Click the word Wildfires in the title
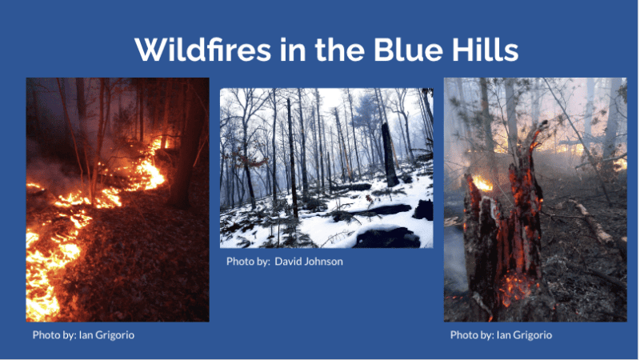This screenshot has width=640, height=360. tap(203, 50)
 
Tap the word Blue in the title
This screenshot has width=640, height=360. tap(408, 50)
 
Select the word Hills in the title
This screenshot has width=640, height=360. tap(485, 50)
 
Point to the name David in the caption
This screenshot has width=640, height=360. tap(287, 262)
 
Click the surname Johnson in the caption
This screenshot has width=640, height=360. tap(323, 262)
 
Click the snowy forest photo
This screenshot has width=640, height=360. tap(326, 168)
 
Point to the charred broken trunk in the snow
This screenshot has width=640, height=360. tap(389, 155)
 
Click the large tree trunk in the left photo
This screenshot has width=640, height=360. tap(186, 151)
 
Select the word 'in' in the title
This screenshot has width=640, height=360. tap(293, 50)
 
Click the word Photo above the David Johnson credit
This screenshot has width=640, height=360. tap(238, 262)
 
